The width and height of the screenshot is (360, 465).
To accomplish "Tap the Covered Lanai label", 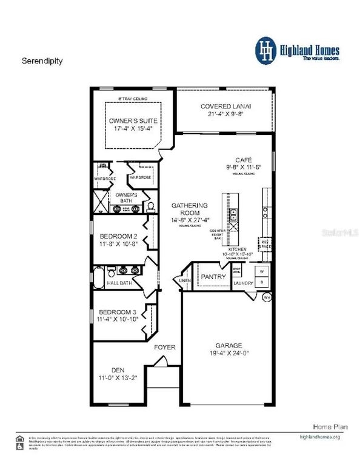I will tap(221, 107).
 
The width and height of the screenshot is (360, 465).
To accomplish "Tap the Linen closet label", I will tap(184, 280).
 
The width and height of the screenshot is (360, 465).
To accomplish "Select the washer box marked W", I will tap(262, 272).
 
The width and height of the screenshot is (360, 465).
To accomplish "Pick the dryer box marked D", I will tap(262, 282).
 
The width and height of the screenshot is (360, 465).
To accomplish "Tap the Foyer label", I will tap(165, 348).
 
